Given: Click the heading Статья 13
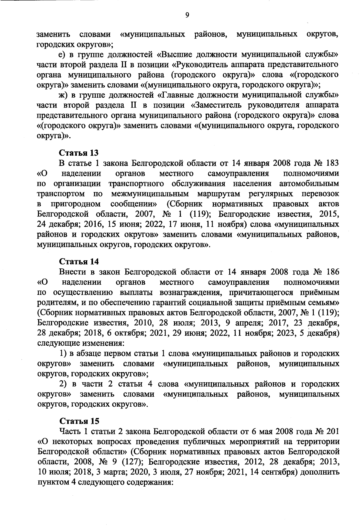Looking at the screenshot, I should [x=79, y=153].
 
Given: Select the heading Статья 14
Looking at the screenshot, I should [x=79, y=261].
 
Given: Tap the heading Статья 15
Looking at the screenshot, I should [x=79, y=420].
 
